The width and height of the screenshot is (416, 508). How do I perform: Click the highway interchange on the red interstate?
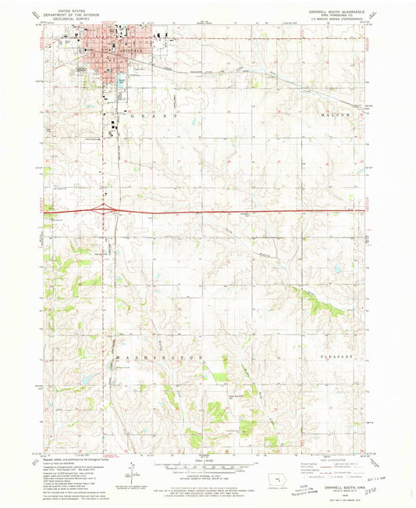pyautogui.click(x=104, y=208)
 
